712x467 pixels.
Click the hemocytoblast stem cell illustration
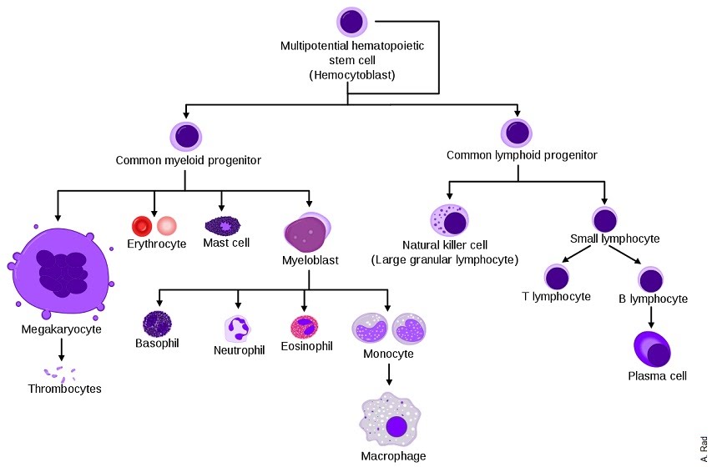[352, 22]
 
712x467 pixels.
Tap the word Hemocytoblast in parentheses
[352, 75]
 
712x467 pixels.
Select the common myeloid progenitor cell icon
[185, 136]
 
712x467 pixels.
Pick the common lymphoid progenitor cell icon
[517, 133]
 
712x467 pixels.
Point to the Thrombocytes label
[64, 389]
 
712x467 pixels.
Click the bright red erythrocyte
[142, 225]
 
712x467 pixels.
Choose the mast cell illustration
[223, 225]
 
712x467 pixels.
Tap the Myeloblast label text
[311, 260]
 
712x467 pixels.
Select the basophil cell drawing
[157, 324]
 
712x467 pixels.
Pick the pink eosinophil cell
[305, 327]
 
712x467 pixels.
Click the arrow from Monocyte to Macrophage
[389, 374]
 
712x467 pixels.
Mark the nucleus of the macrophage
[396, 427]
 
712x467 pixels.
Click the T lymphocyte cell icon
[557, 277]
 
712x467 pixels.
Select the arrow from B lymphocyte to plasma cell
[651, 317]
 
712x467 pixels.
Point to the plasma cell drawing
[652, 349]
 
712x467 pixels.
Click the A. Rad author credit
[704, 449]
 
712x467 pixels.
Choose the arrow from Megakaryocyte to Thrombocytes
[61, 350]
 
